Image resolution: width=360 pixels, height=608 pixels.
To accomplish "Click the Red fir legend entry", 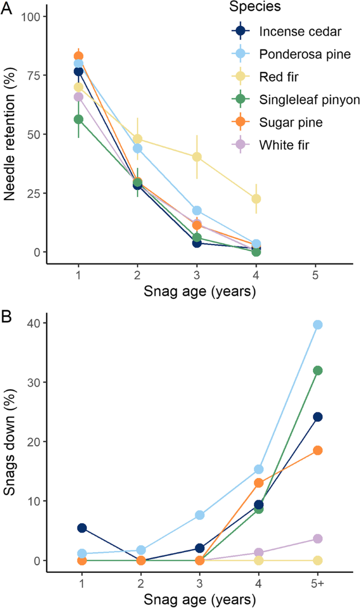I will pos(278,76).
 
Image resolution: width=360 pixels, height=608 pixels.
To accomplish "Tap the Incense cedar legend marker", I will pos(241,31).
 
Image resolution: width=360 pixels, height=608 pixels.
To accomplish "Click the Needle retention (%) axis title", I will pos(9,134).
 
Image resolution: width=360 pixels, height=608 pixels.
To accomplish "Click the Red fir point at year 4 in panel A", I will pos(256,199).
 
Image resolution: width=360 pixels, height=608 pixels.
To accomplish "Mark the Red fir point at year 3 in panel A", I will pos(197,157).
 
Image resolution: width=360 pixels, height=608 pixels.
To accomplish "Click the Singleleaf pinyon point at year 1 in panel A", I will pos(78,119).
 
